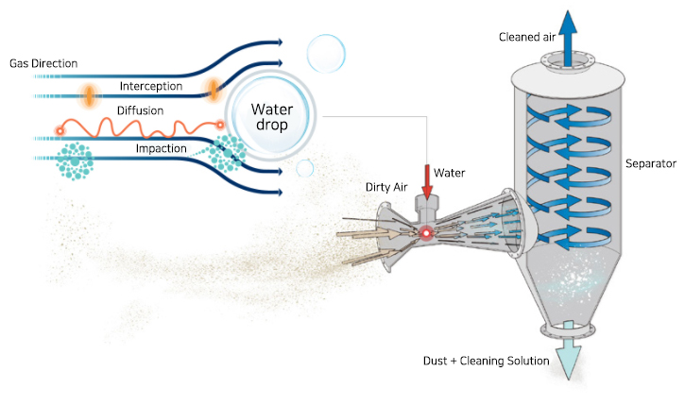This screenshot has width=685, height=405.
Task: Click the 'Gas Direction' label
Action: click(43, 63)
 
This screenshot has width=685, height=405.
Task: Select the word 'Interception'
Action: click(151, 87)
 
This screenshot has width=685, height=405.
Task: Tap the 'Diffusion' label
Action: click(140, 110)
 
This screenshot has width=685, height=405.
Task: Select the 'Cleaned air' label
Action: click(527, 37)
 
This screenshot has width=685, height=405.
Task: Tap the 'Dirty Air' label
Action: click(386, 187)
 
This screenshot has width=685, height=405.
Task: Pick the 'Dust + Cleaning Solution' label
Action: click(487, 362)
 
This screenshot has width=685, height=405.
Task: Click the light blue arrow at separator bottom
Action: click(568, 360)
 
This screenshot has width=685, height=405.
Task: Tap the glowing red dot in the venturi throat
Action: click(426, 232)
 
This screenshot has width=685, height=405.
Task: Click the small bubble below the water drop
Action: click(304, 168)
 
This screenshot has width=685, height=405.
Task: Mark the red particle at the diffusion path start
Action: click(60, 131)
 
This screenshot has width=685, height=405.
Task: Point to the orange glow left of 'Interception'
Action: click(89, 93)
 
